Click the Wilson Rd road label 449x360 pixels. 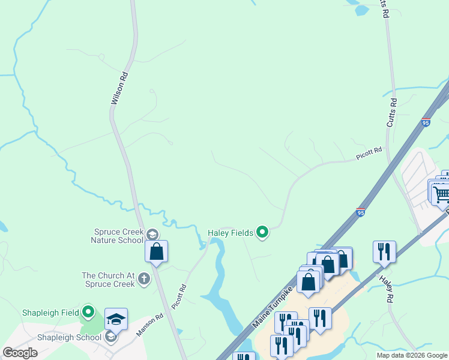(x=120, y=89)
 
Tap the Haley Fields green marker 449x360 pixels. (x=262, y=232)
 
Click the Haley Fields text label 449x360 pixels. (x=231, y=232)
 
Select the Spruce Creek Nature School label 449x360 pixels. (x=119, y=236)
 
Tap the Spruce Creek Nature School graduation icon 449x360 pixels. (x=152, y=235)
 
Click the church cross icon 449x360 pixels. (x=143, y=278)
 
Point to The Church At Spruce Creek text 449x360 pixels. (x=109, y=280)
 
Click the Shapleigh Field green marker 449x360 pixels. (x=88, y=311)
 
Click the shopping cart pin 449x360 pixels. (x=441, y=193)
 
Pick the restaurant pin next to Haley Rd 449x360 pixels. (x=384, y=252)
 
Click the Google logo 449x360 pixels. (x=20, y=353)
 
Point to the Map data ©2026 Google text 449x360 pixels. (x=411, y=355)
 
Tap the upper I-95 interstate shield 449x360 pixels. (x=426, y=122)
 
